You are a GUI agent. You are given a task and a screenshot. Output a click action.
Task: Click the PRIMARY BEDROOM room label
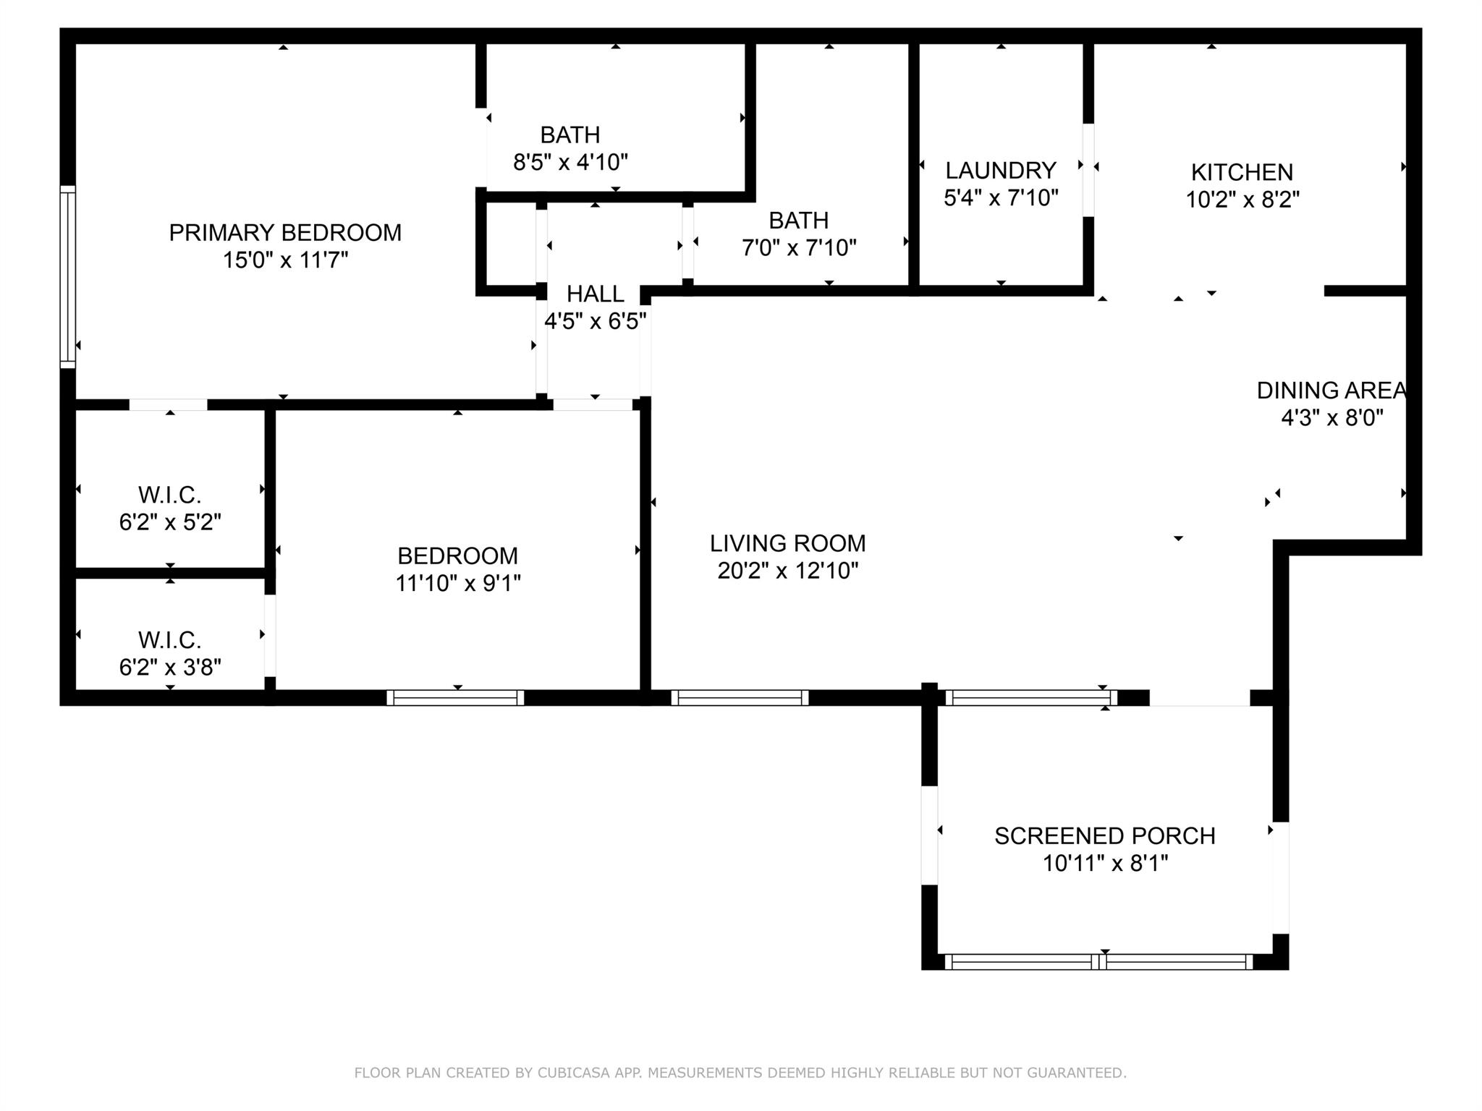(285, 233)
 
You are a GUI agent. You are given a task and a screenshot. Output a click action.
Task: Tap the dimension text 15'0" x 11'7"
(285, 260)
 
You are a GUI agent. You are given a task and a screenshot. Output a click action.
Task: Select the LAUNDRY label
(1001, 171)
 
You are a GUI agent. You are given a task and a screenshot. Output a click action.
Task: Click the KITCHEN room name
(1242, 172)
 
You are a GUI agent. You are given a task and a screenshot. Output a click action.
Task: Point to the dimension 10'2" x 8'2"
(1242, 200)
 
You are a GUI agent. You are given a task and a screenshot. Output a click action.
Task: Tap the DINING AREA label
(1331, 391)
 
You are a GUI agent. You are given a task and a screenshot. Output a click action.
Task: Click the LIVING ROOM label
(787, 543)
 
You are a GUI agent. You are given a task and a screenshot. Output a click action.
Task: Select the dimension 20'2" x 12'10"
(787, 571)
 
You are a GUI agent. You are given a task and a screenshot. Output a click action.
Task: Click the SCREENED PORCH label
(1104, 836)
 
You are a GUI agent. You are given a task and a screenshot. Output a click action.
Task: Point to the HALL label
(595, 294)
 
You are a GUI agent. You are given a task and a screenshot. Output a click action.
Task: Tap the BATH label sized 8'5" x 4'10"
(569, 135)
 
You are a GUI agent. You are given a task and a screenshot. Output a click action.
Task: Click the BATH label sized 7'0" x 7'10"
(798, 220)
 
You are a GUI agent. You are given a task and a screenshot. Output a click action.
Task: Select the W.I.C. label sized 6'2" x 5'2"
(169, 495)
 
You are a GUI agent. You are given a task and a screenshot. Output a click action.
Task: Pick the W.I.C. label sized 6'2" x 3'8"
(169, 640)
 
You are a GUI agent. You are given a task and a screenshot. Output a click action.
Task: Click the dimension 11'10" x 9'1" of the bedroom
(457, 583)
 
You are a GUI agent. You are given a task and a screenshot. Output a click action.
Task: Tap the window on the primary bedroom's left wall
(67, 276)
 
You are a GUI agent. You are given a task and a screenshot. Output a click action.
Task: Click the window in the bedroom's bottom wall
(455, 698)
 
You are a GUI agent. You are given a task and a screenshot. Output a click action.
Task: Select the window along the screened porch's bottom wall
(1098, 962)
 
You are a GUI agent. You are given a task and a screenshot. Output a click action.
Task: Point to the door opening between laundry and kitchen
(1088, 170)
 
